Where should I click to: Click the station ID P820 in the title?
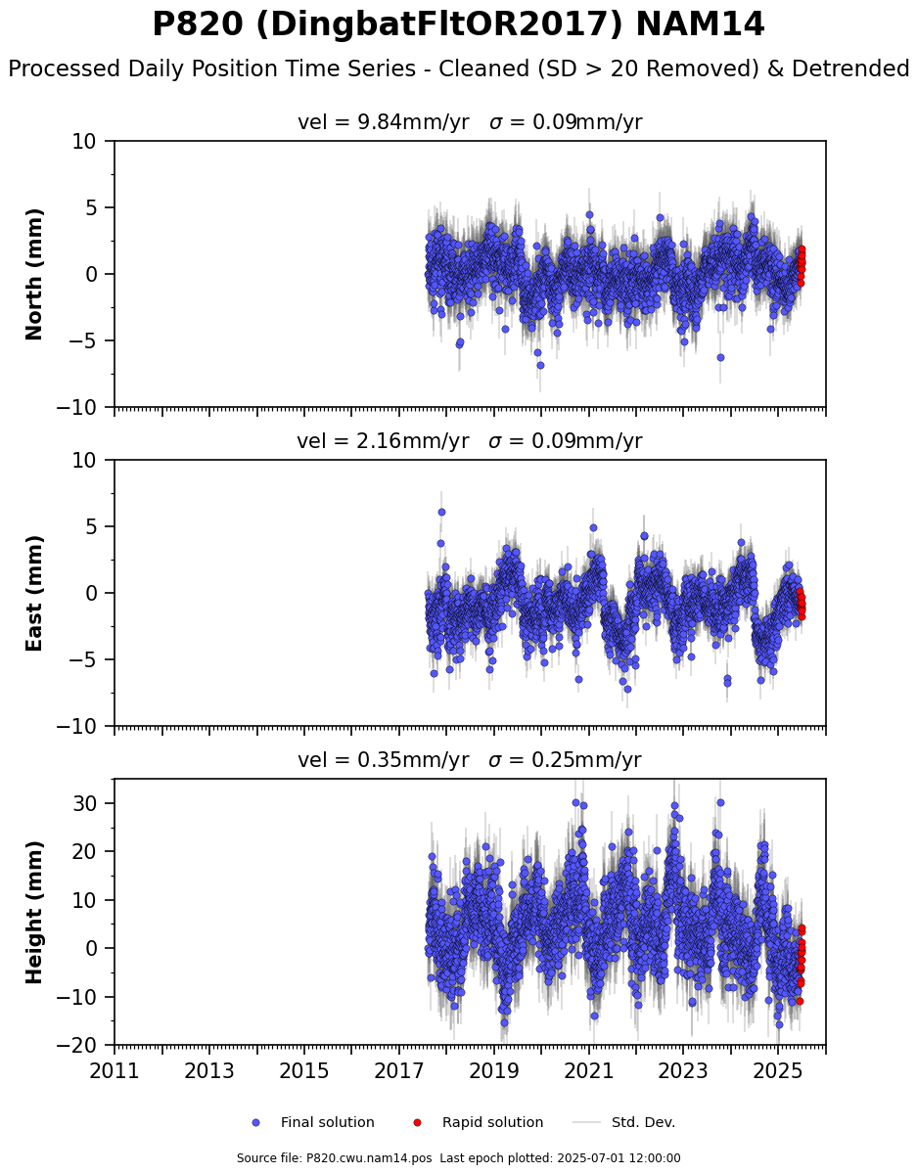coord(198,24)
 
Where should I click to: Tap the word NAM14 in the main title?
coord(700,24)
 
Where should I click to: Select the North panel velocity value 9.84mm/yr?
coord(413,122)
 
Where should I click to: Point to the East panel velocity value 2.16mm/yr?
coord(412,441)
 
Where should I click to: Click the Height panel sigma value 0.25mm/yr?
coord(586,760)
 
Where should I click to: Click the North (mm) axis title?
coord(33,275)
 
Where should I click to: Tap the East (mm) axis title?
coord(33,594)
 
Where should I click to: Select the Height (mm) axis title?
coord(33,913)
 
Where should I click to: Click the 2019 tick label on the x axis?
coord(493,1071)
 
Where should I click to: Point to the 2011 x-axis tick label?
coord(115,1071)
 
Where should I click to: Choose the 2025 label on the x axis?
coord(778,1071)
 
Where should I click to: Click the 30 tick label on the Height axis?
coord(85,803)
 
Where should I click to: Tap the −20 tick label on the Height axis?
coord(76,1045)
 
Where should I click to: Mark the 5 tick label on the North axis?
coord(91,208)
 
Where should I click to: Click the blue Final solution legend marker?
coord(256,1123)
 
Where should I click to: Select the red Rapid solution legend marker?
coord(417,1123)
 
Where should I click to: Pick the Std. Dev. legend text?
coord(643,1123)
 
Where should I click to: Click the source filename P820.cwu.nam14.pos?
coord(369,1158)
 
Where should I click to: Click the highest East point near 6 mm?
coord(441,513)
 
